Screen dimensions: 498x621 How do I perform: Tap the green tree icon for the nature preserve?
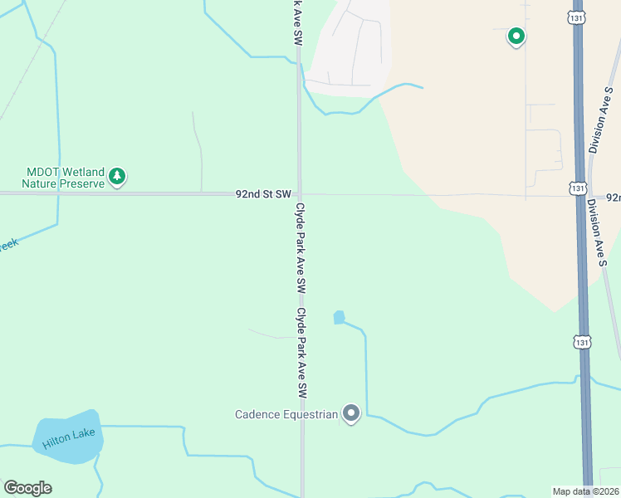117,176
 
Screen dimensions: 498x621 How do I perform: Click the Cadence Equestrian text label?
286,414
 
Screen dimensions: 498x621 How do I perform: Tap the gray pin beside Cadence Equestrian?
351,413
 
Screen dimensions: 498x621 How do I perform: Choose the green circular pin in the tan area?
516,37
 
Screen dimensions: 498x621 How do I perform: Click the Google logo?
27,488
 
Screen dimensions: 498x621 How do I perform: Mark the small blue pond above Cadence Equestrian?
339,317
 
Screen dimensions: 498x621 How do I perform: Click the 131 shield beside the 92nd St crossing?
578,188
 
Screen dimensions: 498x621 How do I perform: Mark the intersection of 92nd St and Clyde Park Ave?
300,194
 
